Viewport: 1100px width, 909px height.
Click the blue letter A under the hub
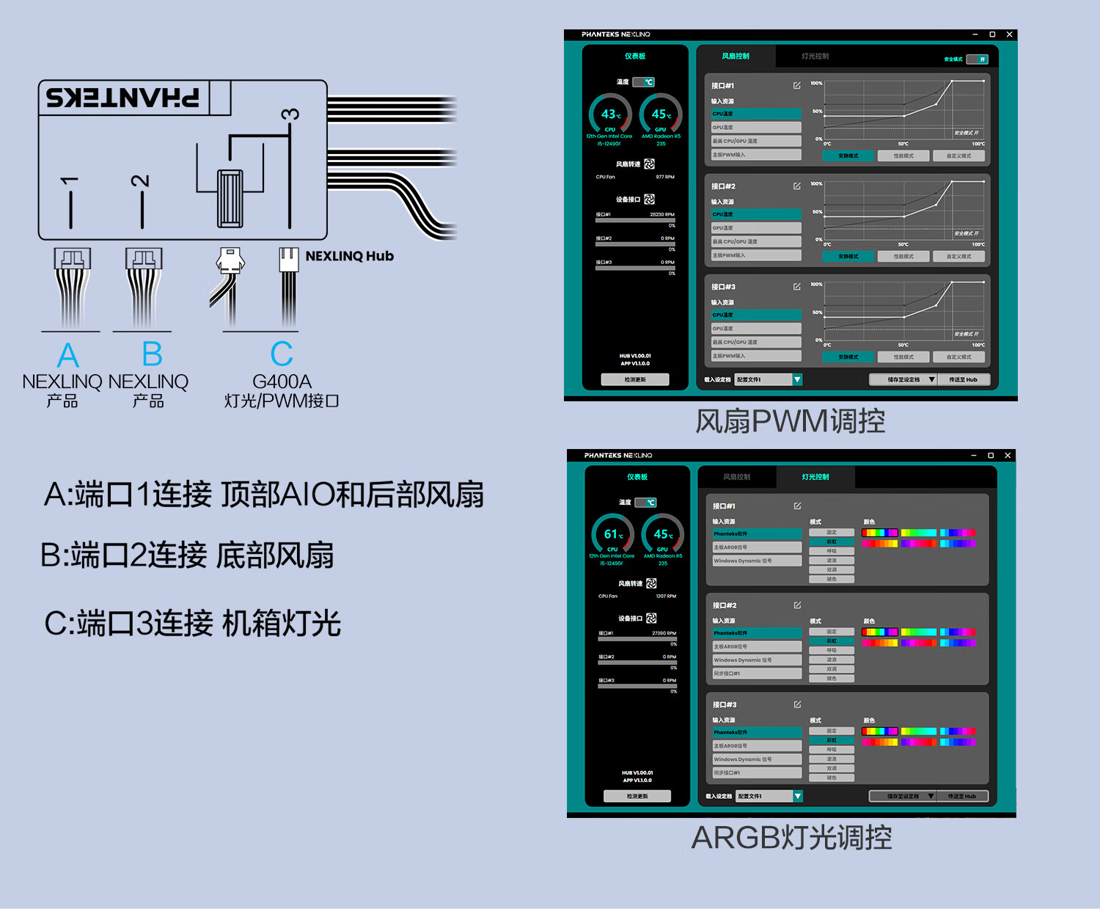click(67, 355)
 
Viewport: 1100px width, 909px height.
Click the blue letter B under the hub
click(152, 354)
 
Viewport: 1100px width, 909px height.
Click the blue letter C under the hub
click(282, 354)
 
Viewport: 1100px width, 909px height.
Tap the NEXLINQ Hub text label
click(349, 256)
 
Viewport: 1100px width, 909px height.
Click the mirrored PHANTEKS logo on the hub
click(122, 98)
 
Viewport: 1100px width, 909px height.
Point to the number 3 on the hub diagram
click(290, 114)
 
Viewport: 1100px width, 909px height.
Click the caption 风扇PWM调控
click(790, 421)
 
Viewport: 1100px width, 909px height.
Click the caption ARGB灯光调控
click(791, 837)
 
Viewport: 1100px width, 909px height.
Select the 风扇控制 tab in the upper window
click(735, 56)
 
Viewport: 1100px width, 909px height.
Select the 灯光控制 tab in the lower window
click(815, 477)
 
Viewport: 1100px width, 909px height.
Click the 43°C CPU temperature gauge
click(610, 115)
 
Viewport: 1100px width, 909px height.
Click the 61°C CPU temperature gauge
click(612, 535)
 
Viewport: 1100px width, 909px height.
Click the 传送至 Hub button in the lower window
click(961, 796)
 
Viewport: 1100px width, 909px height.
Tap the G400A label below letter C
click(282, 382)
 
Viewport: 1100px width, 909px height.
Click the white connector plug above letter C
click(288, 260)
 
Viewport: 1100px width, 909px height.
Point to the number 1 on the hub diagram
click(70, 180)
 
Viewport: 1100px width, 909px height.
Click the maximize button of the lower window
click(991, 456)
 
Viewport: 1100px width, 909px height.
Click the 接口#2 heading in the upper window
click(723, 186)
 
